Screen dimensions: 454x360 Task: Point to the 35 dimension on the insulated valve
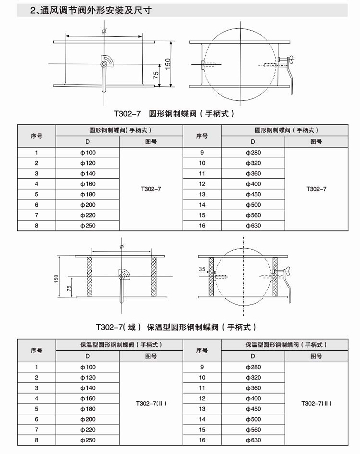202,269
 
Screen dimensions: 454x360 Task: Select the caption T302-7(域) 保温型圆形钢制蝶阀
176,327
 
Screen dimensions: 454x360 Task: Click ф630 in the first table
253,226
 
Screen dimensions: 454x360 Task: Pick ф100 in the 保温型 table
87,367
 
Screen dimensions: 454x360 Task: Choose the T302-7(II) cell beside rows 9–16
316,403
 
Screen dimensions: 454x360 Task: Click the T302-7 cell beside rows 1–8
151,189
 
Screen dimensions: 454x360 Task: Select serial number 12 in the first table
202,184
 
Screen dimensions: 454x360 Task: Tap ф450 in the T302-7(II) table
253,409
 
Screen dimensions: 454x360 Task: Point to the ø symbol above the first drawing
103,31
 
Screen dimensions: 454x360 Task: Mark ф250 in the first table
87,226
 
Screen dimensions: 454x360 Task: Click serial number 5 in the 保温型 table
37,409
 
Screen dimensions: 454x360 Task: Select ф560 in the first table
253,215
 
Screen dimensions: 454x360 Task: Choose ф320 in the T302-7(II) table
253,377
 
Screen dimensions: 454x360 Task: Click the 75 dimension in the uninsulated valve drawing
156,76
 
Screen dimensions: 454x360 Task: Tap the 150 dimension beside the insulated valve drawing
57,277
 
